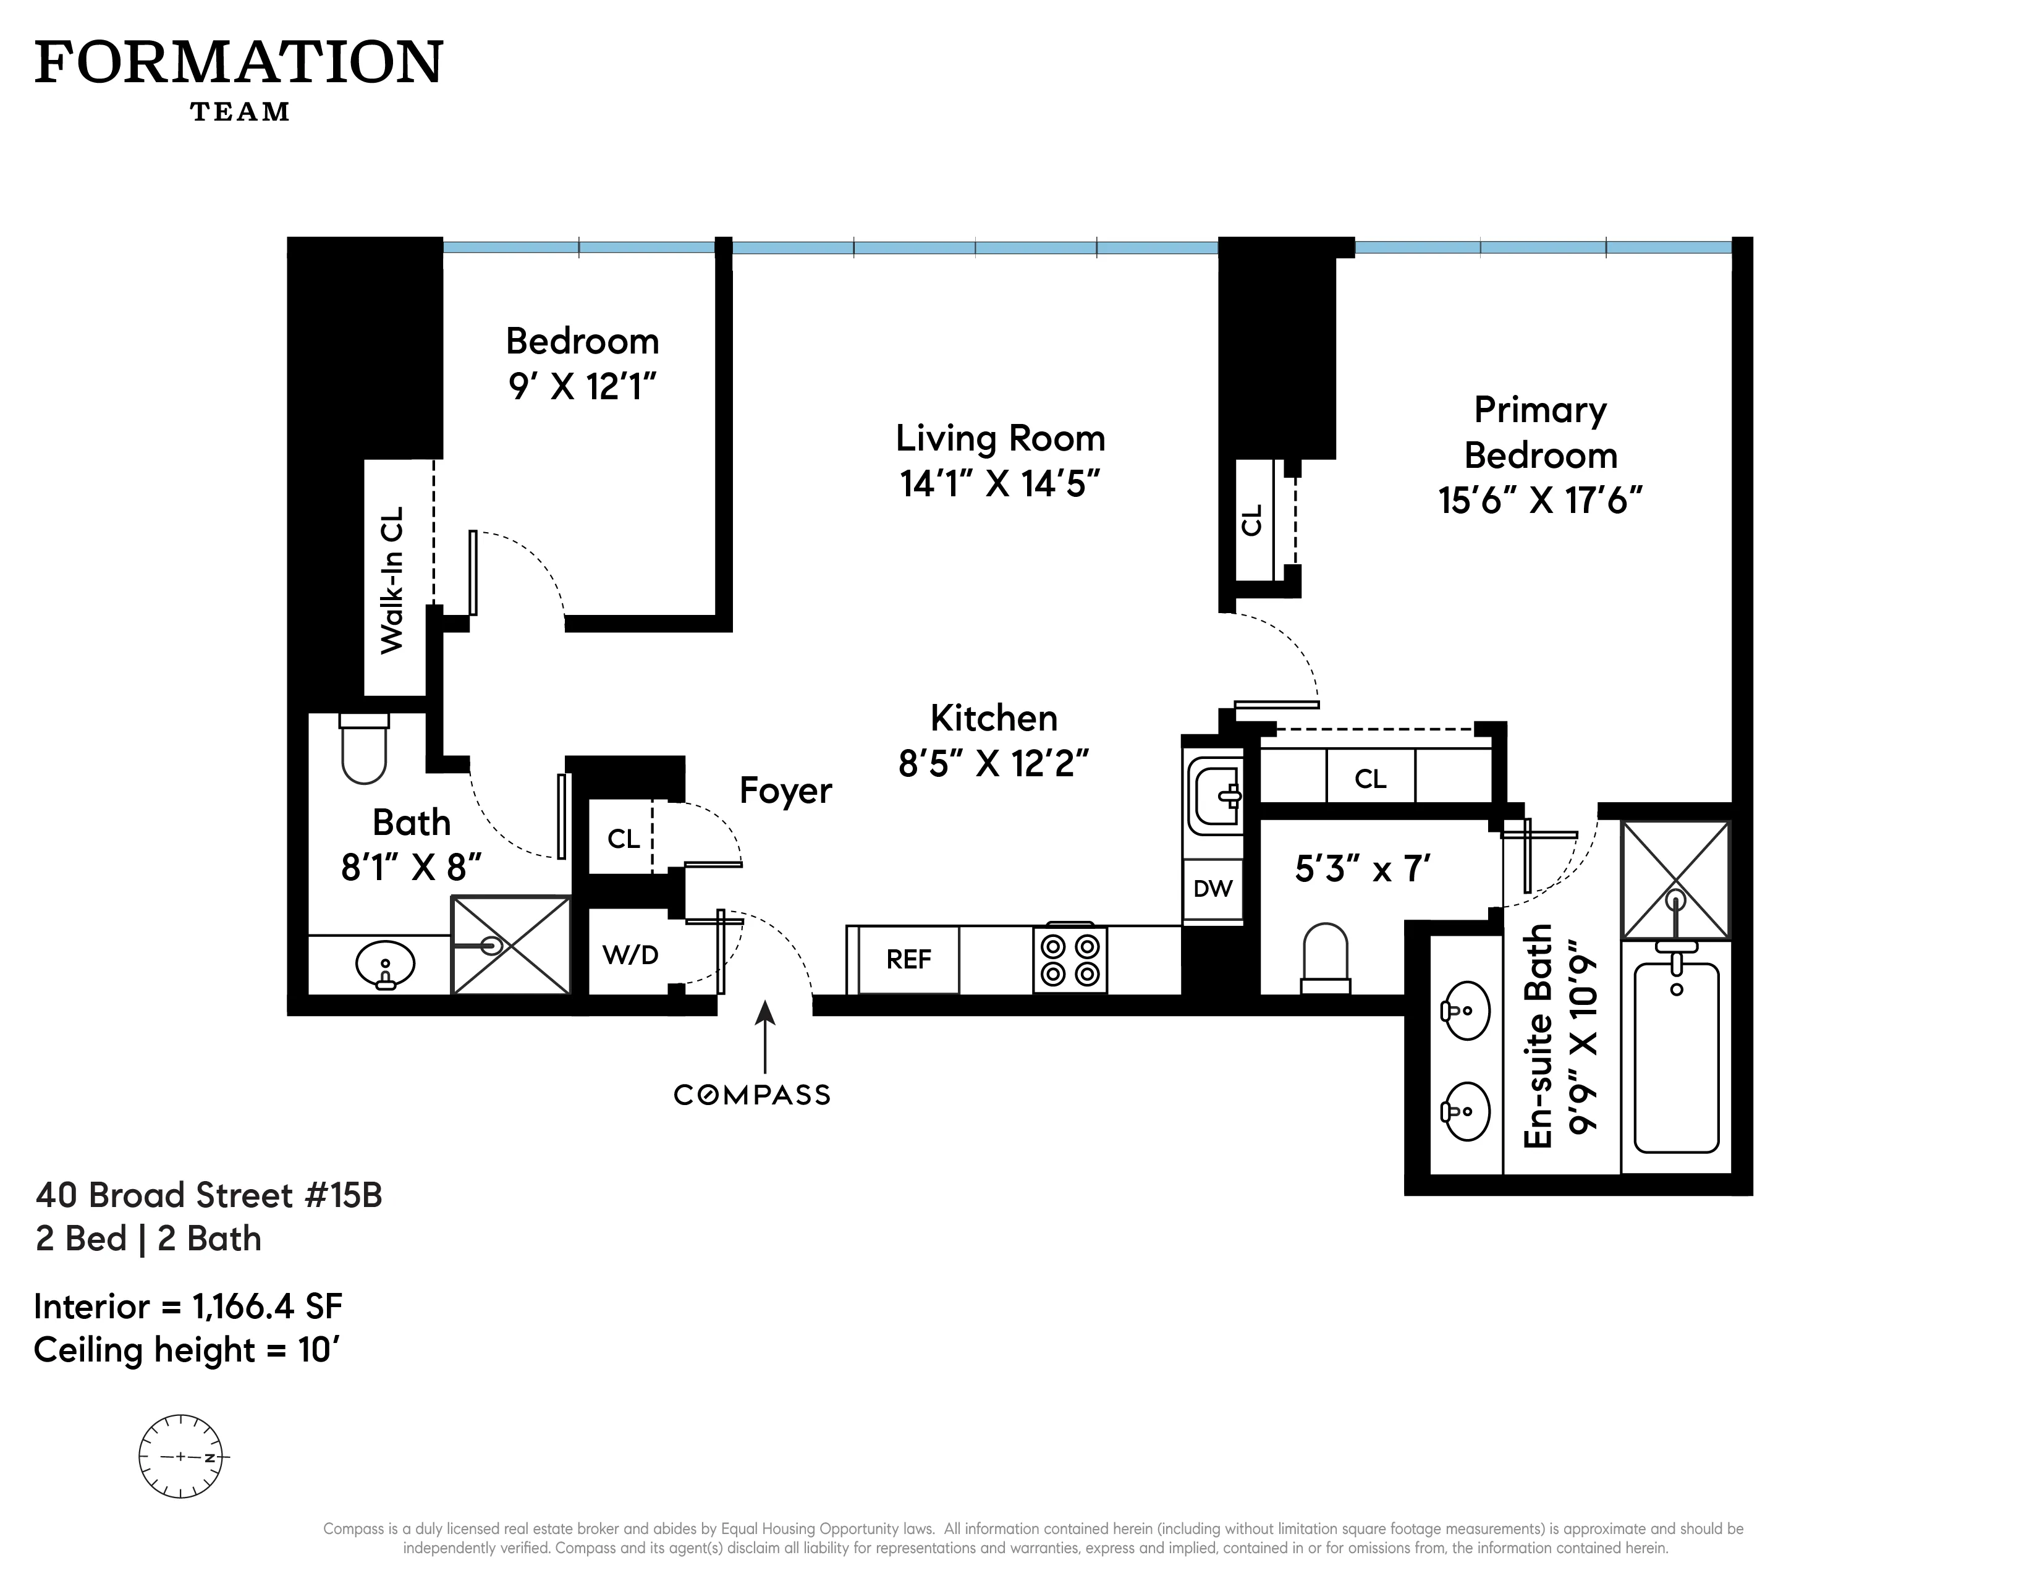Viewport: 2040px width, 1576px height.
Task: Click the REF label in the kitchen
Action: coord(908,959)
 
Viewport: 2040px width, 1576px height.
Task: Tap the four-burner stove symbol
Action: coord(1070,959)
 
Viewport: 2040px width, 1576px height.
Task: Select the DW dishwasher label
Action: coord(1213,888)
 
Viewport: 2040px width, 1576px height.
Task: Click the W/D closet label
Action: coord(630,955)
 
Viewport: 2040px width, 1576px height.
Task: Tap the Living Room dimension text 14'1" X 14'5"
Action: coord(999,484)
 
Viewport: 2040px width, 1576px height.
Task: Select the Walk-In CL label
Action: coord(392,579)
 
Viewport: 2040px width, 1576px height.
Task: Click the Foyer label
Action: coord(785,791)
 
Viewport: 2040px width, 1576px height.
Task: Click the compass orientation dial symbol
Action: coord(181,1457)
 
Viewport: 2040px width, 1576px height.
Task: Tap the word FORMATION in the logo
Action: coord(239,64)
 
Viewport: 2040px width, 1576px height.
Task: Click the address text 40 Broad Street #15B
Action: coord(210,1195)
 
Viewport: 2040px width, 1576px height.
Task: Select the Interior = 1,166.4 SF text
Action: coord(188,1306)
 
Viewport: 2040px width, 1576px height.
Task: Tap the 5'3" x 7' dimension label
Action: coord(1362,870)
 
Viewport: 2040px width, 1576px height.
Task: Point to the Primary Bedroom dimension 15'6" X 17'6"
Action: coord(1539,501)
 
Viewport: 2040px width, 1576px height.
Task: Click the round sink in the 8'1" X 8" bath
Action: coord(385,965)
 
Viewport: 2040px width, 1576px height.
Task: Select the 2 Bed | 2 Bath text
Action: coord(148,1239)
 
